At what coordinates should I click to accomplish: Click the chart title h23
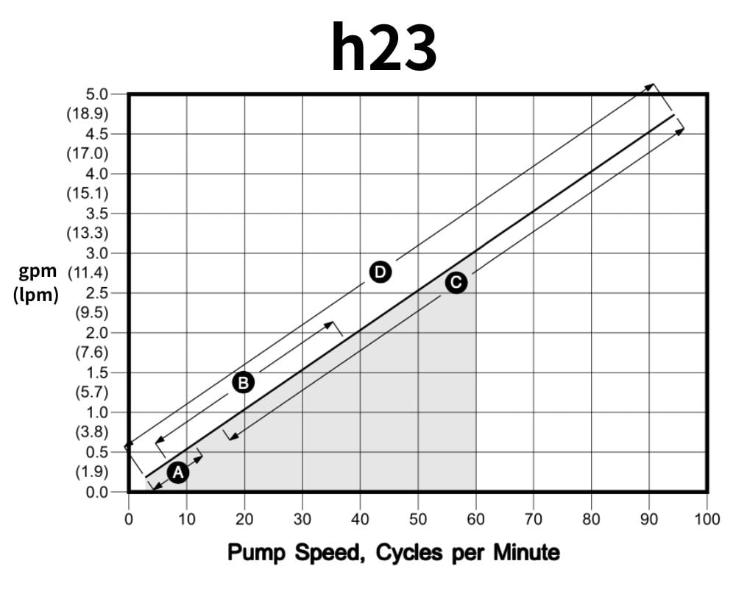[x=383, y=46]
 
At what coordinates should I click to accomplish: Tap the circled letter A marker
[x=177, y=473]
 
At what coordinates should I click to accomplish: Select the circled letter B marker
[x=243, y=382]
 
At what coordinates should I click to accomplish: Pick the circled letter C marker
[x=456, y=283]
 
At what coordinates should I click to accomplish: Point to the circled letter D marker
[x=380, y=272]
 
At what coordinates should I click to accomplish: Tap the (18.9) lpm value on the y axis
[x=88, y=114]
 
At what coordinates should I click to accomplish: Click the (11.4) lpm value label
[x=88, y=273]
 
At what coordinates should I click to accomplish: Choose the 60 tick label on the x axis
[x=475, y=520]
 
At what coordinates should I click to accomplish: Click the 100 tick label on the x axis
[x=707, y=520]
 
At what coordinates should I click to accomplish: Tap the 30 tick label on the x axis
[x=302, y=520]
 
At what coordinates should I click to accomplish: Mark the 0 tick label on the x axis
[x=129, y=520]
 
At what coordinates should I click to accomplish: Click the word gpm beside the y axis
[x=38, y=272]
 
